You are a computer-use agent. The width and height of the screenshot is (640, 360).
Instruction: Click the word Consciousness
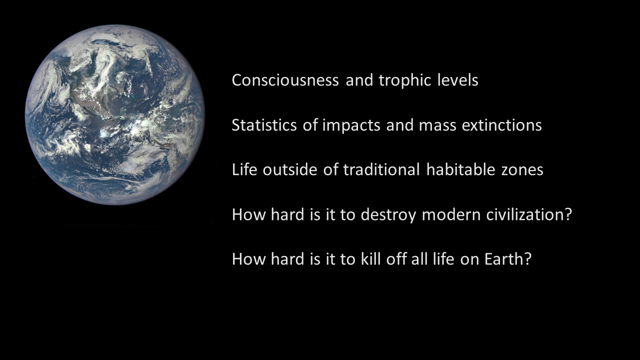[x=285, y=80]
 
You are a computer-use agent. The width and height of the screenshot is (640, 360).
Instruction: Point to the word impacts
[x=351, y=125]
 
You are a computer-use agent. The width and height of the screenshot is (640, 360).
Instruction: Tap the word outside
[x=290, y=169]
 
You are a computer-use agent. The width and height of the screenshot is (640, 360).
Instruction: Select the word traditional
[x=381, y=169]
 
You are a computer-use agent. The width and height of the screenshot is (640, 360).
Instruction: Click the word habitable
[x=460, y=169]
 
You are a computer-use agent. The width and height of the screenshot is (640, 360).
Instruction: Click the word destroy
[x=388, y=215]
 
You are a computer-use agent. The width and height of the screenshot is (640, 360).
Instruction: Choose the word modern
[x=451, y=214]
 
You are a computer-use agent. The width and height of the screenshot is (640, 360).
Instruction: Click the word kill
[x=370, y=259]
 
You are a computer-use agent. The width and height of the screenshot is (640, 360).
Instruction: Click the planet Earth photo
[x=115, y=114]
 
